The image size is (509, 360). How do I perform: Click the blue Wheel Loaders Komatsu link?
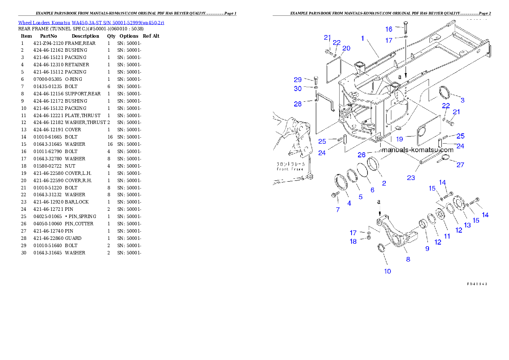click(91, 23)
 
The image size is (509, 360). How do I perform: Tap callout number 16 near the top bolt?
click(388, 29)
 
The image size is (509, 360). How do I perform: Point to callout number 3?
click(462, 100)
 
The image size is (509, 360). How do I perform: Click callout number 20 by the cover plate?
click(346, 48)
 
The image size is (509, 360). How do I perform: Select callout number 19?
click(400, 139)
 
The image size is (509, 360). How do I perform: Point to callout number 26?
click(361, 155)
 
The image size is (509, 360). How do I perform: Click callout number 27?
click(460, 165)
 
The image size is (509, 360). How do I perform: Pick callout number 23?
click(411, 177)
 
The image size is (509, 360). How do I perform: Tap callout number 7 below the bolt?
click(337, 210)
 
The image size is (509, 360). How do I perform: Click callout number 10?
click(388, 271)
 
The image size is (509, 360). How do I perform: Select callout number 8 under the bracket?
click(408, 259)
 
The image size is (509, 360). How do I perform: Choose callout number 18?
click(353, 242)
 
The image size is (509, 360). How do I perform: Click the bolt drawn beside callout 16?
click(405, 28)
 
